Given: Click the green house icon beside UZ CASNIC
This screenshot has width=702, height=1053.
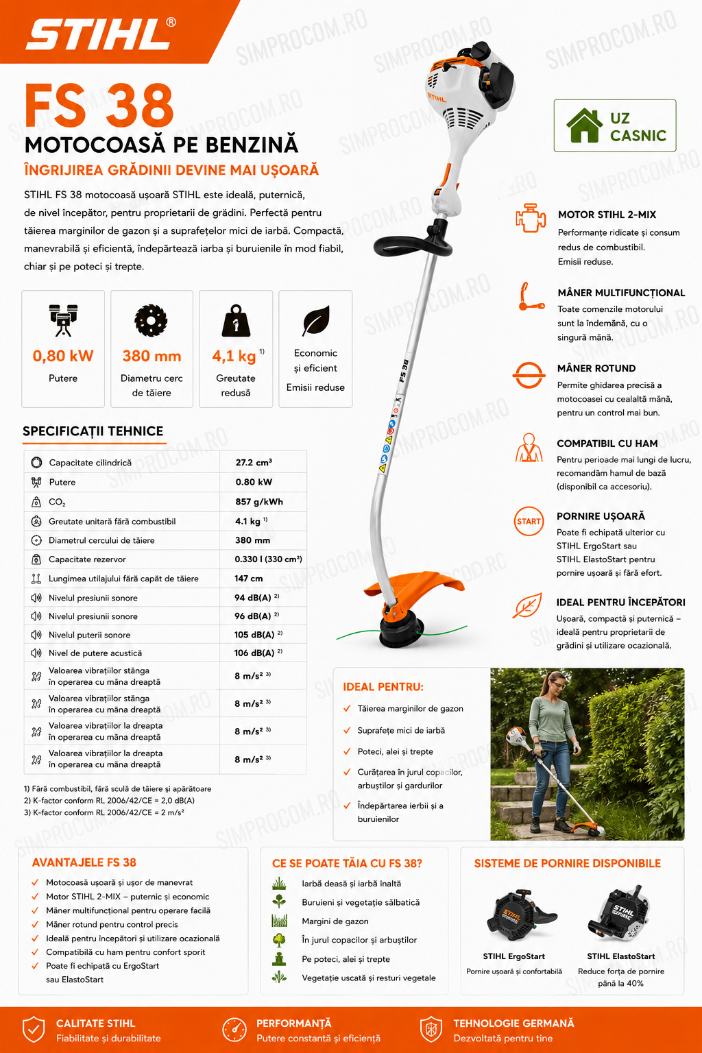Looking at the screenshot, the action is pos(584,125).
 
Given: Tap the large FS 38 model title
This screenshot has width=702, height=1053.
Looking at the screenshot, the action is pos(99,106).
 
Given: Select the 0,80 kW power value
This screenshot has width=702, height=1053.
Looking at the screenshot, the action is pos(63,356).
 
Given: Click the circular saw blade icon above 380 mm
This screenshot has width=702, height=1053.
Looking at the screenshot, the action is pos(151,321).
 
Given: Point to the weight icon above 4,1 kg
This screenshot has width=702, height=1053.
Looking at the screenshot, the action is pos(236,321).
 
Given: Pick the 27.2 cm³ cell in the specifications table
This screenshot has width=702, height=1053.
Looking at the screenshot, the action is pos(254,463).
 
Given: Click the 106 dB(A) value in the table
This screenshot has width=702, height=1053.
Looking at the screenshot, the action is pos(254,653).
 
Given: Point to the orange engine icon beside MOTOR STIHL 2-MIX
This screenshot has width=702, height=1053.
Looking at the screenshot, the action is pos(531,218).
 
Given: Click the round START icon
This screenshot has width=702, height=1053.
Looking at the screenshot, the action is pos(529,521).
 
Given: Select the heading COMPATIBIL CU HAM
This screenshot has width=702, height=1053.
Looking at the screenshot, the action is pos(607,444).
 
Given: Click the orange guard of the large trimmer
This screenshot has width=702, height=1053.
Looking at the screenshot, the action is pos(414,586).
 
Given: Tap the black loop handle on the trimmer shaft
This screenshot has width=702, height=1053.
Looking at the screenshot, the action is pos(413,243).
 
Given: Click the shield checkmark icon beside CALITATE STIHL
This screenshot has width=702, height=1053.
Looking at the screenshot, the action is pos(34,1029).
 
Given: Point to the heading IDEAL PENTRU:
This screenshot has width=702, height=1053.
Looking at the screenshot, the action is pos(383,687).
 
